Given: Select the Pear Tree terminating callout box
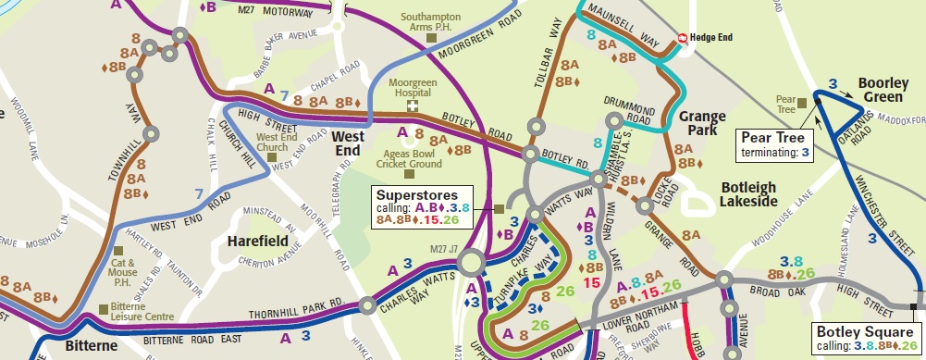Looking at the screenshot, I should point(775,144).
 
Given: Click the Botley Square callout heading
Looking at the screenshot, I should point(864,332).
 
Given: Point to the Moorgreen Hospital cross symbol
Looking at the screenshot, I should point(414,106).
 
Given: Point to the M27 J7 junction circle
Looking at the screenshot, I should point(472,266).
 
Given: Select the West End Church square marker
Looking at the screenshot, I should point(273,157).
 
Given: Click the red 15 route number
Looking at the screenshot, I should point(591,283).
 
